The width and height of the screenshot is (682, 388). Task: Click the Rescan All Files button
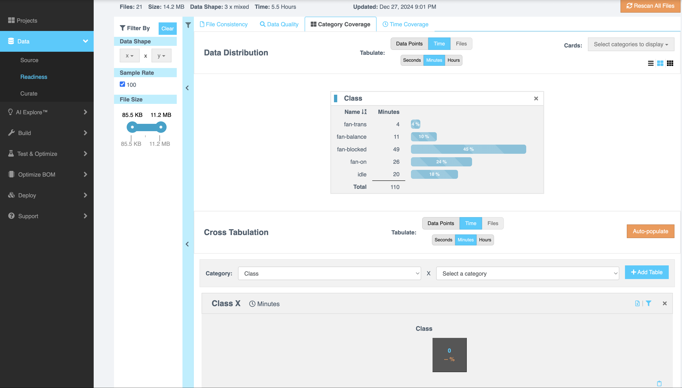[650, 6]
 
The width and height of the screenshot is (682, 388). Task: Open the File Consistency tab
[224, 24]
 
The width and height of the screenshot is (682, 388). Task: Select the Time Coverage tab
[405, 24]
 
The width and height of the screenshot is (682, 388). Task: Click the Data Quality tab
[279, 24]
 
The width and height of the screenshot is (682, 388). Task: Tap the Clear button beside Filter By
[167, 29]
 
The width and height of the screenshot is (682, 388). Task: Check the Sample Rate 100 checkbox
[122, 84]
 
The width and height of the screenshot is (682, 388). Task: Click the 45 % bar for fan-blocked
[468, 149]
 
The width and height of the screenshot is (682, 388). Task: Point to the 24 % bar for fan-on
[441, 162]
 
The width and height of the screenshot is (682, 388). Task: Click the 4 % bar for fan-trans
[415, 124]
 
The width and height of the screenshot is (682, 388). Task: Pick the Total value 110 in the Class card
[395, 187]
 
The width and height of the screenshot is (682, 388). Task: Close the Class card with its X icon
[536, 99]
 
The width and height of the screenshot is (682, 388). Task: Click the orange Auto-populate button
[650, 231]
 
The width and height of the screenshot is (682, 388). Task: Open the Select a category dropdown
[527, 273]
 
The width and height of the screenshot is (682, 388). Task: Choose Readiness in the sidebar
[34, 77]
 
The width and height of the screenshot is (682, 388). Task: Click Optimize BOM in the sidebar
[36, 175]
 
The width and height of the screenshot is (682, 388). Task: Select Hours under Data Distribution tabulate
[454, 60]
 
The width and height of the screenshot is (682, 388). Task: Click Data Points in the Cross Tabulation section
[441, 223]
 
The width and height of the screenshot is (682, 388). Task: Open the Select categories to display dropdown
[631, 44]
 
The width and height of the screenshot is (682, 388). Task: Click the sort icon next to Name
[364, 112]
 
